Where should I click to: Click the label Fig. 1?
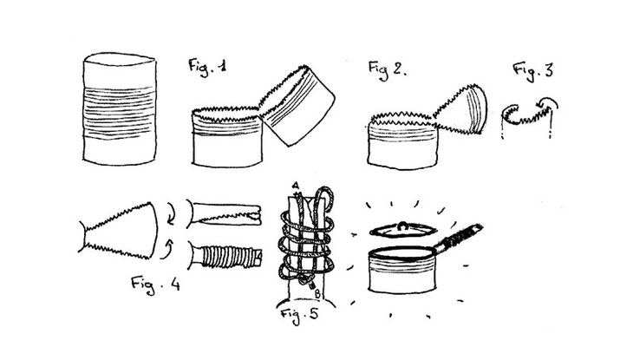[208, 67]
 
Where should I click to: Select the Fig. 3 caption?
[533, 71]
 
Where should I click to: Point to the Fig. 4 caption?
[155, 285]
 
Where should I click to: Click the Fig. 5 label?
[299, 314]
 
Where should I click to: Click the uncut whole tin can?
[120, 108]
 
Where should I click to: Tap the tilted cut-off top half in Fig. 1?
[297, 105]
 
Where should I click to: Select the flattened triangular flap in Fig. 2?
[461, 109]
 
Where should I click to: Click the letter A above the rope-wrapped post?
[296, 186]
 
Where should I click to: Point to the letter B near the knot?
[317, 294]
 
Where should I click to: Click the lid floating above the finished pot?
[403, 230]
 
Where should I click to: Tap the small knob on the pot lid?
[403, 226]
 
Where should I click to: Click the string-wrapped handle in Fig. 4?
[225, 255]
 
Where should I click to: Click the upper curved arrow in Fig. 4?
[171, 214]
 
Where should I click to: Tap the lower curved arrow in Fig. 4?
[167, 249]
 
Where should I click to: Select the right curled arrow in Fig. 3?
[547, 102]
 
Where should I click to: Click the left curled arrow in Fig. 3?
[510, 109]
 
